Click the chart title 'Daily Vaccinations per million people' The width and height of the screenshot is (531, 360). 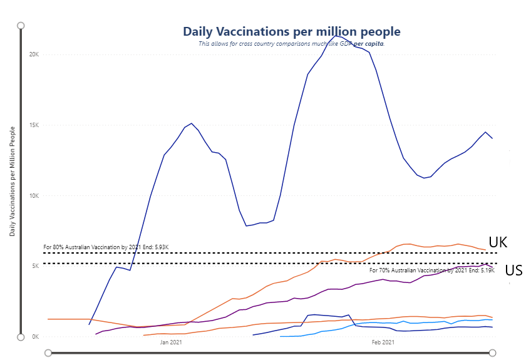pyautogui.click(x=291, y=31)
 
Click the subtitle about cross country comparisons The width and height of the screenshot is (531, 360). pyautogui.click(x=291, y=44)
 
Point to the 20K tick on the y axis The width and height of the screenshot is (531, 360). pyautogui.click(x=34, y=54)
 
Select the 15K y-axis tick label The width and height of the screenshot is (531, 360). pyautogui.click(x=34, y=125)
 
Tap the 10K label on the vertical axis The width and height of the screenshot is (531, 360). pyautogui.click(x=34, y=196)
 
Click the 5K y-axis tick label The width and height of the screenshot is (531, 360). pyautogui.click(x=36, y=266)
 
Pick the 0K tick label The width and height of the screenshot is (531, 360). pyautogui.click(x=36, y=337)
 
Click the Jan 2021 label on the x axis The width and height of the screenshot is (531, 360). pyautogui.click(x=171, y=342)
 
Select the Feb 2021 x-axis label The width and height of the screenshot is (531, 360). pyautogui.click(x=383, y=342)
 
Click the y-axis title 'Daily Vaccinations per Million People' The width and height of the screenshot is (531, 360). pyautogui.click(x=13, y=180)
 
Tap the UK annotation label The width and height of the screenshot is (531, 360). pyautogui.click(x=498, y=242)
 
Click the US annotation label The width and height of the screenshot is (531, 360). pyautogui.click(x=513, y=270)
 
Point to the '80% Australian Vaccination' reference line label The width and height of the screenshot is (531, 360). pyautogui.click(x=106, y=247)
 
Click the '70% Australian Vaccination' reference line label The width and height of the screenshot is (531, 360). pyautogui.click(x=431, y=270)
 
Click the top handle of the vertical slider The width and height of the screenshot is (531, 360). pyautogui.click(x=21, y=26)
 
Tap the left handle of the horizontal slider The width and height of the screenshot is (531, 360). pyautogui.click(x=48, y=353)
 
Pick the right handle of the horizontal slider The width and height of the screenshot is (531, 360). pyautogui.click(x=493, y=353)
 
